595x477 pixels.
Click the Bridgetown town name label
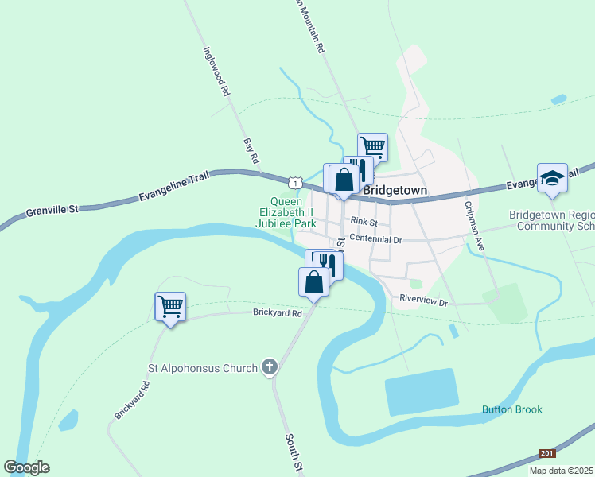(x=395, y=191)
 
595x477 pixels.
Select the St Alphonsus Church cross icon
(x=270, y=367)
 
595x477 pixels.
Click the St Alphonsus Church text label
(x=204, y=368)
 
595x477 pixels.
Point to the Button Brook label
(x=511, y=409)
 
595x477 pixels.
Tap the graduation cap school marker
(x=552, y=179)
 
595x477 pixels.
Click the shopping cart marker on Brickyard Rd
(x=170, y=305)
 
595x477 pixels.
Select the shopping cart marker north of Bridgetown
(x=372, y=146)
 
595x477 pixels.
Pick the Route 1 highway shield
(x=295, y=183)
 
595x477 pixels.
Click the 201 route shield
(x=546, y=453)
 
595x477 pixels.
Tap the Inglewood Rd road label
(x=216, y=70)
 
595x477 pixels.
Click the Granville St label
(x=53, y=211)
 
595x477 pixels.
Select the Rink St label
(x=364, y=223)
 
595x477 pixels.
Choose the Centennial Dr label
(x=376, y=238)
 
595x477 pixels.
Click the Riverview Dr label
(x=424, y=302)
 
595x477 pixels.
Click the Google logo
(x=26, y=467)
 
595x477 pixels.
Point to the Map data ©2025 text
(x=561, y=471)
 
